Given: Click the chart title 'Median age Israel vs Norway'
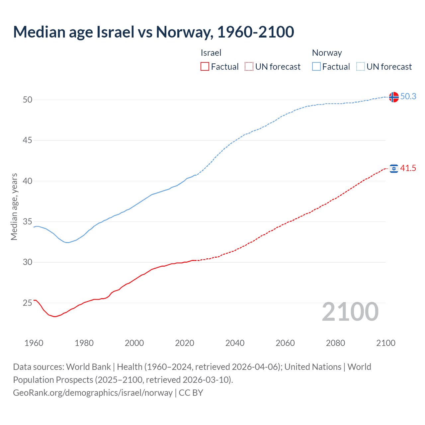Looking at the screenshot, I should tap(153, 32).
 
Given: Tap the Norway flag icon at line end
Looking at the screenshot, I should tap(394, 97).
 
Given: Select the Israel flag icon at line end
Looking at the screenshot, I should tap(394, 169).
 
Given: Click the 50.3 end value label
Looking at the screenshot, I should tap(408, 96).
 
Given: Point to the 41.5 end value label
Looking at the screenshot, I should tap(408, 168).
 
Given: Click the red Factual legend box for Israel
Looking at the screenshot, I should tap(205, 67).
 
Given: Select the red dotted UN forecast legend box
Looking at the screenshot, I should tap(249, 67).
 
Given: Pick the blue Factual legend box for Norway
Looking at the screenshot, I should tap(316, 67).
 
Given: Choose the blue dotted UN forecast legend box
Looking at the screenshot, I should tap(361, 67).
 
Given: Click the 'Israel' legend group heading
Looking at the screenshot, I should tap(211, 53).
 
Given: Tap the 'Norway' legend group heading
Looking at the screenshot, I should tap(327, 53).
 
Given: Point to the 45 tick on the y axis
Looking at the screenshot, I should tap(28, 140).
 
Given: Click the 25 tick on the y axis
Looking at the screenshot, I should tap(28, 303).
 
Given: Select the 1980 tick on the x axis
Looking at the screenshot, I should tap(84, 343).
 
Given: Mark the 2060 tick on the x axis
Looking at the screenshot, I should tap(285, 343).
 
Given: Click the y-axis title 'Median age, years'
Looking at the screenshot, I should tap(14, 207).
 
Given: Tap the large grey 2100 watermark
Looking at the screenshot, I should tap(350, 311).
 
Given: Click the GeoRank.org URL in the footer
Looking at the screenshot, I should tap(93, 393).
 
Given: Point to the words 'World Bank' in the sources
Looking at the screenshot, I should tap(88, 367).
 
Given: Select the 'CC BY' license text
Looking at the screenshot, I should tap(191, 393).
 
